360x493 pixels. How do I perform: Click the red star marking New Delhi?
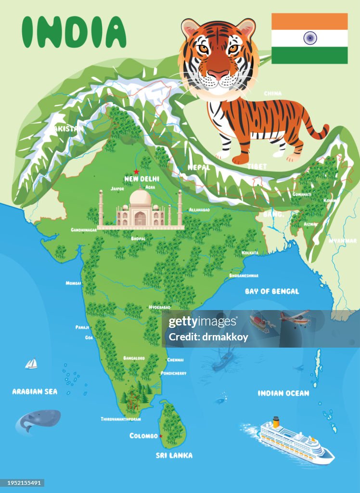(x=136, y=171)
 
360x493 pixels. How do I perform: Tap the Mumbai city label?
(x=73, y=283)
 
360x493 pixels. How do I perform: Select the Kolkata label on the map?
(x=250, y=252)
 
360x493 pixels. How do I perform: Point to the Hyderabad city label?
(x=159, y=307)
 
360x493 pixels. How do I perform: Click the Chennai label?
(x=175, y=360)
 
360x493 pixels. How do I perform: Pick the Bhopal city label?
(x=138, y=238)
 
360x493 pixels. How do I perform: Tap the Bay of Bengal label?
(x=271, y=291)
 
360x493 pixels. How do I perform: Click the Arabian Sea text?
(x=35, y=391)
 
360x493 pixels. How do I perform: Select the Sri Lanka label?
(x=174, y=455)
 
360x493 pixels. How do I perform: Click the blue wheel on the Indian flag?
(x=309, y=38)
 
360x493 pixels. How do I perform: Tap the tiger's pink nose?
(x=218, y=75)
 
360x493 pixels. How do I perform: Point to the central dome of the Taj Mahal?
(x=141, y=197)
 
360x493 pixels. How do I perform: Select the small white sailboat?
(x=31, y=363)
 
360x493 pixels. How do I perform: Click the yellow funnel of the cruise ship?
(x=276, y=422)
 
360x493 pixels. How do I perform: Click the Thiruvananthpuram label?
(x=121, y=419)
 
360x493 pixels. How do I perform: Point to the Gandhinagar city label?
(x=84, y=230)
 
